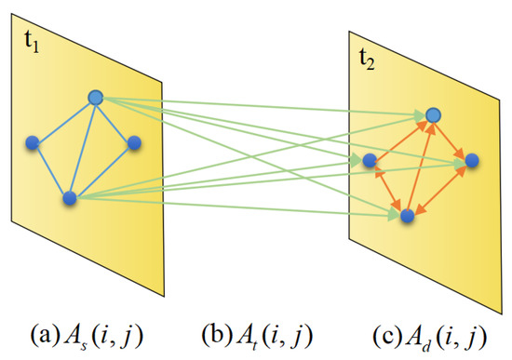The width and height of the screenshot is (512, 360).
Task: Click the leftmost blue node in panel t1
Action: click(33, 142)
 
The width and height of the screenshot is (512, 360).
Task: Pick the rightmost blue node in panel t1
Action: click(134, 142)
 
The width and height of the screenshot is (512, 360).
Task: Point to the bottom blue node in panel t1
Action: click(68, 197)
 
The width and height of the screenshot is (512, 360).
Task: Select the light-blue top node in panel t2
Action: click(432, 115)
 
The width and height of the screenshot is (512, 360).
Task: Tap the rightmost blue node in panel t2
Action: click(472, 161)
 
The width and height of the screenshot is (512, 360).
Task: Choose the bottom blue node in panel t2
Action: click(406, 216)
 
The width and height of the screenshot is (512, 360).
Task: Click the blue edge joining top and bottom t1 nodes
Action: click(82, 147)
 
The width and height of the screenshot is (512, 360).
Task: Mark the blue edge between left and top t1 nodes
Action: click(63, 120)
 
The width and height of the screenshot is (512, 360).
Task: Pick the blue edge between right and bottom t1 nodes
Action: click(101, 169)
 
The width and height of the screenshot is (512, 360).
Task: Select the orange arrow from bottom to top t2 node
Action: click(419, 166)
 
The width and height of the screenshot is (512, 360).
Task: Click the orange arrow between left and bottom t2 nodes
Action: click(387, 188)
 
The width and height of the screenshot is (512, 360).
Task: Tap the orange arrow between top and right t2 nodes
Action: click(452, 139)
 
